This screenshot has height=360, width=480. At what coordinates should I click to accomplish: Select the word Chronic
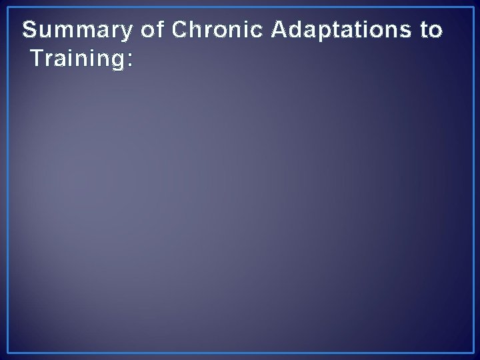coord(212,31)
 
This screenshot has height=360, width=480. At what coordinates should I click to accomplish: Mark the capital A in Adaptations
coord(279,31)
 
